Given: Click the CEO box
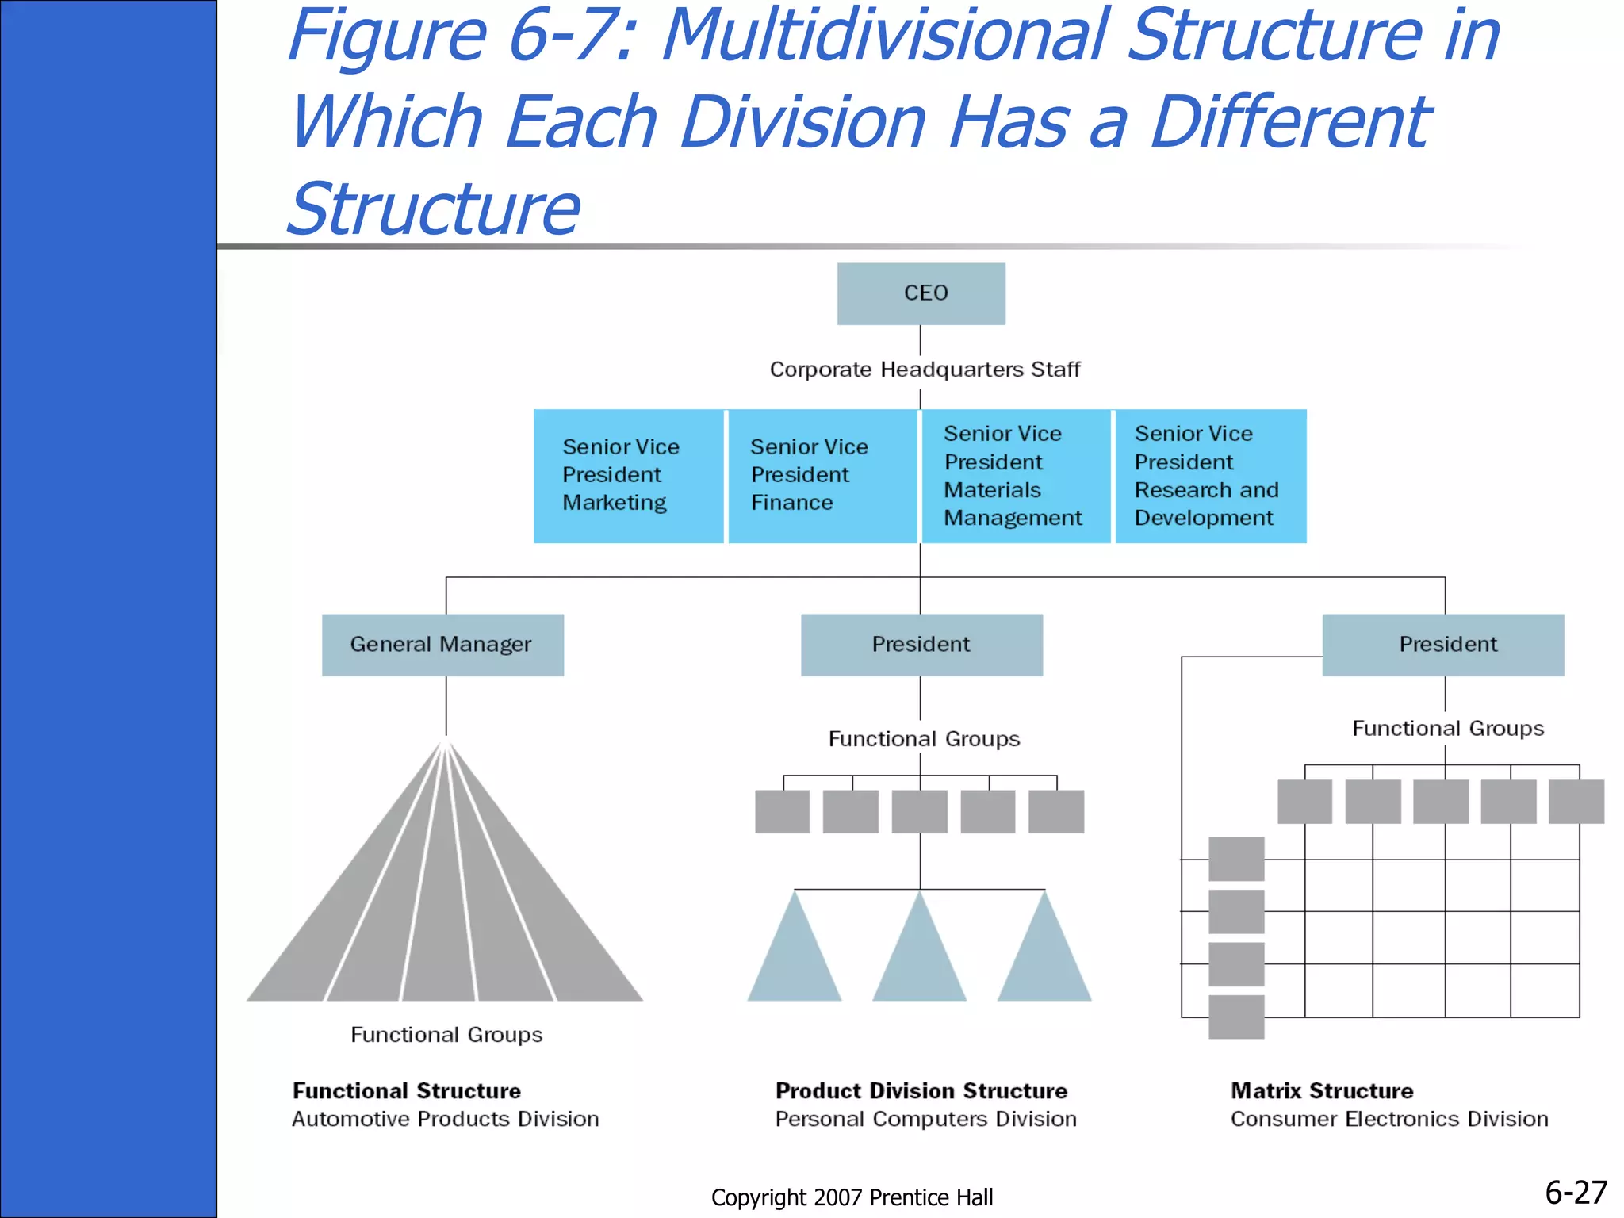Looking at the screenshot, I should pyautogui.click(x=921, y=293).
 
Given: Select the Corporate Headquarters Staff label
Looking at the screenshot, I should pyautogui.click(x=924, y=370).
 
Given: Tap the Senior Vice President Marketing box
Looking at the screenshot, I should pyautogui.click(x=628, y=476).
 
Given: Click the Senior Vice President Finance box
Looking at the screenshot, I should pyautogui.click(x=822, y=476).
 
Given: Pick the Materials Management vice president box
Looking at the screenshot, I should pyautogui.click(x=1015, y=476).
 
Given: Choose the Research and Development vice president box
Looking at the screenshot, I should pyautogui.click(x=1210, y=476).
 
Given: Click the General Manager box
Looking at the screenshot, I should pyautogui.click(x=442, y=645).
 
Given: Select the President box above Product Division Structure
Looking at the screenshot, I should pyautogui.click(x=921, y=645).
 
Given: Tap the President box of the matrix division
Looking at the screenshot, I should pyautogui.click(x=1443, y=645).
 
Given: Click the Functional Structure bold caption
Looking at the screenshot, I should pyautogui.click(x=406, y=1091).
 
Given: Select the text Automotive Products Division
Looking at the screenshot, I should pyautogui.click(x=445, y=1119).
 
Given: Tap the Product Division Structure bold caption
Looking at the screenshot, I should pyautogui.click(x=921, y=1091).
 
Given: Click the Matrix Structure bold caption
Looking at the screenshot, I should pyautogui.click(x=1322, y=1091).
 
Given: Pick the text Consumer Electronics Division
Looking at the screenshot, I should pyautogui.click(x=1388, y=1119).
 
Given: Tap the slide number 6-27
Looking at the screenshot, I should pyautogui.click(x=1575, y=1193).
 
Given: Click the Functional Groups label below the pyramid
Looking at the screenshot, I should pyautogui.click(x=446, y=1035).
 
